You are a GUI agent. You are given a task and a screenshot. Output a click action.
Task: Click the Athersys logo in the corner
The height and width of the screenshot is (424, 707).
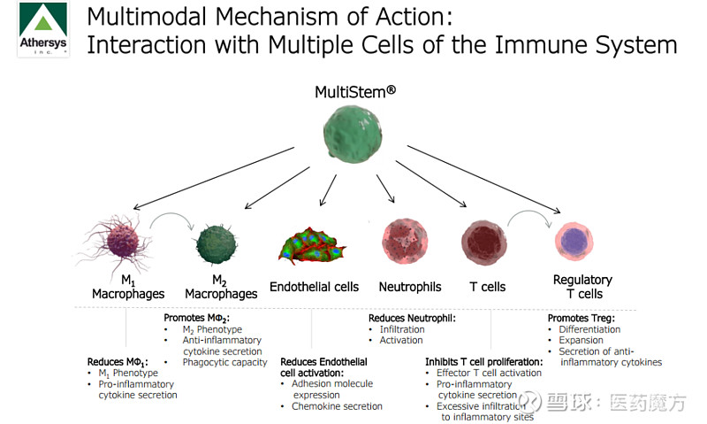click(x=43, y=29)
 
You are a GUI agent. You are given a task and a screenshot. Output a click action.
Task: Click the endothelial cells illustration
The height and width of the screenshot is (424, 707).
click(x=311, y=244)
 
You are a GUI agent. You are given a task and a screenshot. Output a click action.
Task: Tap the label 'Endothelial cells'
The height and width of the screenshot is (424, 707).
click(x=314, y=287)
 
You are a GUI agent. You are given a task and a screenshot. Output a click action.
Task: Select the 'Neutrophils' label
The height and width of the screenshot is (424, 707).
click(x=410, y=287)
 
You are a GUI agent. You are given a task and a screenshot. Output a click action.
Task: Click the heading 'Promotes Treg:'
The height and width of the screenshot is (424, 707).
click(x=581, y=318)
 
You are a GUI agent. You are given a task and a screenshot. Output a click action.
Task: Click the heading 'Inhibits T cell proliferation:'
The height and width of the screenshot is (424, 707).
click(x=483, y=362)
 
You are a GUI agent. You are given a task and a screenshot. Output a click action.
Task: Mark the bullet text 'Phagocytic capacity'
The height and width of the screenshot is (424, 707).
click(x=224, y=362)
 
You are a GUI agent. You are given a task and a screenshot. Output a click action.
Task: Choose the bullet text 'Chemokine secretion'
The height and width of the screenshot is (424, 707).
click(x=337, y=406)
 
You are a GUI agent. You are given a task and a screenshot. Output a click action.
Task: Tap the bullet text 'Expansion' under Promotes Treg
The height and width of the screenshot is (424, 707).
click(x=581, y=340)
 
